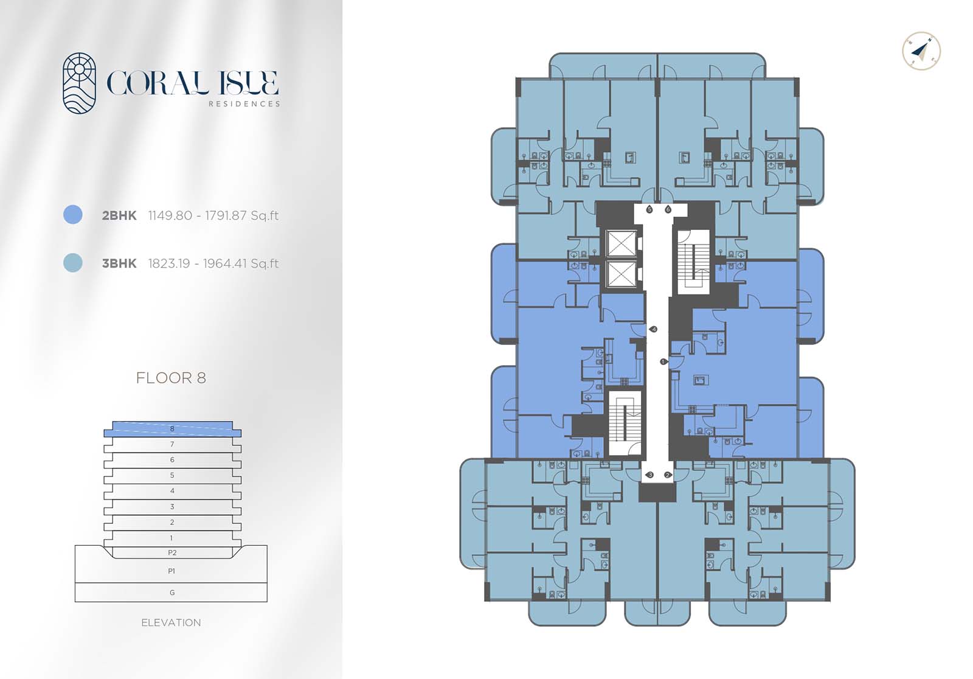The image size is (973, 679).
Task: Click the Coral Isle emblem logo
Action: tap(79, 83)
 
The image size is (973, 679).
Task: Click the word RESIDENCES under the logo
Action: tap(244, 104)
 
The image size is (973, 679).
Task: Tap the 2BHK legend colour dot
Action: tap(72, 215)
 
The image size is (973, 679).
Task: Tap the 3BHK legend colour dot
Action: tap(72, 263)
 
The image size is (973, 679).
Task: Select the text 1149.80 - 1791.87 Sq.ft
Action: tap(213, 215)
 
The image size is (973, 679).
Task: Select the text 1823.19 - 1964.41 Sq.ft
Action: tap(213, 263)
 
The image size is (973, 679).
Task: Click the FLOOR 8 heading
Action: tap(171, 378)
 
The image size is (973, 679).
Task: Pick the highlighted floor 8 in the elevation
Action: tap(173, 429)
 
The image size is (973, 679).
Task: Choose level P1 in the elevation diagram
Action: tap(171, 571)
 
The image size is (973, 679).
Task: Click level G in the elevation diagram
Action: tap(171, 593)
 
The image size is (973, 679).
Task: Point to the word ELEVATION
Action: tap(171, 622)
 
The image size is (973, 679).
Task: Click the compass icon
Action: tap(921, 51)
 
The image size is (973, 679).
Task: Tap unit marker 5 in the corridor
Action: tap(649, 209)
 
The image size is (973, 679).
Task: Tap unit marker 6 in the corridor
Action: tap(668, 209)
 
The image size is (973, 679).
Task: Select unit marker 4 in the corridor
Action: tap(653, 330)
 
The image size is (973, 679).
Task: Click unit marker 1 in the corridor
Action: tap(664, 361)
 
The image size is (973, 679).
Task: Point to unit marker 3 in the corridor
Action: tap(649, 475)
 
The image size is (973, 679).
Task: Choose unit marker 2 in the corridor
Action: tap(668, 475)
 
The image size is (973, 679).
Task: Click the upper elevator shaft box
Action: tap(621, 244)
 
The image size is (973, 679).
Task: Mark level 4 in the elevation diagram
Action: tap(173, 491)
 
